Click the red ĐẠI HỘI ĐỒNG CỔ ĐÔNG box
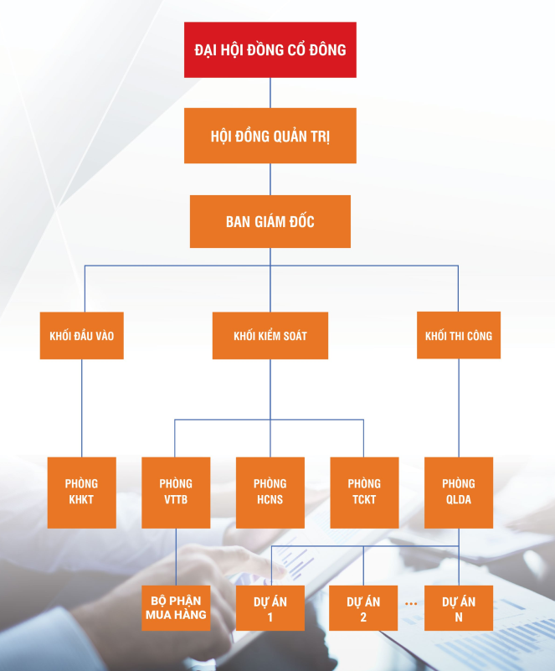[270, 50]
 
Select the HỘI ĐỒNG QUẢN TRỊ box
[270, 136]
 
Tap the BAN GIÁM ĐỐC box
[270, 221]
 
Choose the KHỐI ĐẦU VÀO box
[81, 336]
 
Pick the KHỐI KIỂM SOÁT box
[270, 336]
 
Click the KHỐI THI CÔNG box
[458, 336]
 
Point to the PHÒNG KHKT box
[81, 492]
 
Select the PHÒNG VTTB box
[176, 492]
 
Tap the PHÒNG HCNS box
[270, 492]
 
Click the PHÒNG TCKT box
[364, 492]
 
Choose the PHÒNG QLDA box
[458, 492]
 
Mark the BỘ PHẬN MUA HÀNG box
[176, 608]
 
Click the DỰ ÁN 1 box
[270, 608]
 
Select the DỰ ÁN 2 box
[364, 608]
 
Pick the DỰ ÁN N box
[458, 608]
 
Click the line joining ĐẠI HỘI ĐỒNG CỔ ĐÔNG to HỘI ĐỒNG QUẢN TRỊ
[270, 93]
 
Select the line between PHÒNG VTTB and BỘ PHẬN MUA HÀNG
[176, 556]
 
